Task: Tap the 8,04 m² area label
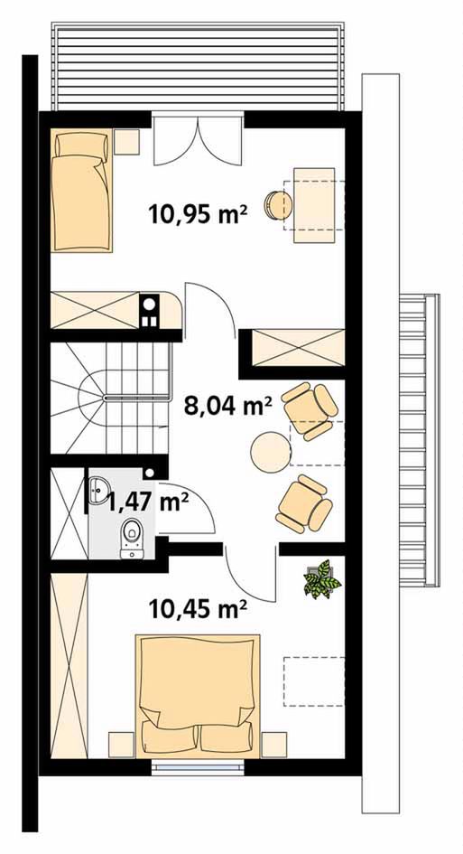228,406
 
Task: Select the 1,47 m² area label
144,502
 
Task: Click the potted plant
322,579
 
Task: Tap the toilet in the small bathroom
132,538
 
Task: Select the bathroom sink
98,490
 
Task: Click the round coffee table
271,452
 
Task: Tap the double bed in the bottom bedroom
198,696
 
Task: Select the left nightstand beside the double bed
121,745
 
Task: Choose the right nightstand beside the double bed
273,745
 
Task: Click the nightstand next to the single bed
126,142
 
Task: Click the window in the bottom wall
197,768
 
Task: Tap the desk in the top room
314,205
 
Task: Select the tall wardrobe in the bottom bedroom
69,665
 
